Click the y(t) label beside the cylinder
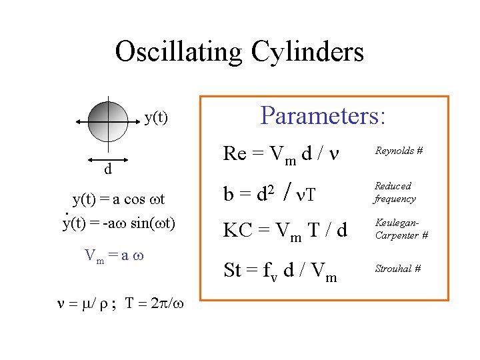[x=156, y=119]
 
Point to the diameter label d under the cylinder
[x=107, y=169]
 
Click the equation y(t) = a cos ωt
[x=119, y=199]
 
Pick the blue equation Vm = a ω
[x=115, y=255]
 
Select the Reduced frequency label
[x=395, y=192]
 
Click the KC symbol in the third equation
[x=237, y=231]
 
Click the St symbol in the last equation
[x=232, y=270]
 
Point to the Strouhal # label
[x=397, y=269]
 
